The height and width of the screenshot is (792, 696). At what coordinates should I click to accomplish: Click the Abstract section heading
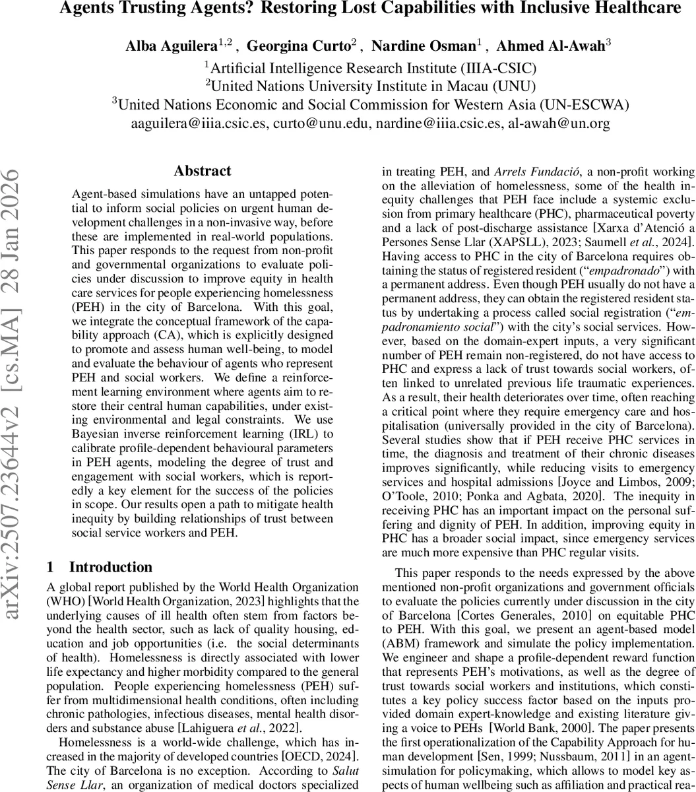(202, 171)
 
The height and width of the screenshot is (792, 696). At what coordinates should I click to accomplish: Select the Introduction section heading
(110, 567)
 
